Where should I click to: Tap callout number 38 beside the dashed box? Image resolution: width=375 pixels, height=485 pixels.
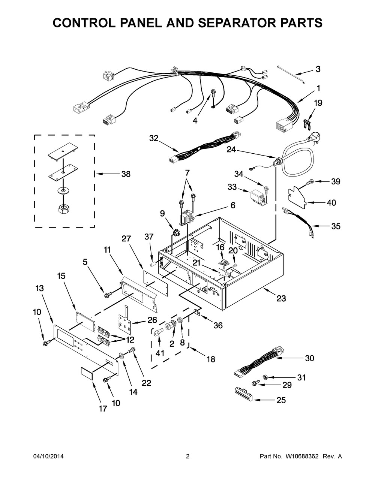[x=126, y=174]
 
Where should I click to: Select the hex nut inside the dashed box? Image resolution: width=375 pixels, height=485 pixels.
[x=64, y=209]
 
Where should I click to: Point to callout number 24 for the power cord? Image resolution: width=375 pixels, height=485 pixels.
[x=231, y=150]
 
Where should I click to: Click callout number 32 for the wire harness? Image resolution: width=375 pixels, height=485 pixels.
[x=154, y=138]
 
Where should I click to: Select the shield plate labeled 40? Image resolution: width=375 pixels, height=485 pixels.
[x=297, y=196]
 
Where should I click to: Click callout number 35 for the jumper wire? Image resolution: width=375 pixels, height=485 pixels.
[x=336, y=226]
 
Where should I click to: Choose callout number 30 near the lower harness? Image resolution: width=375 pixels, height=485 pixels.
[x=310, y=358]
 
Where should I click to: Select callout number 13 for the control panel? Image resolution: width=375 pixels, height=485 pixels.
[x=39, y=289]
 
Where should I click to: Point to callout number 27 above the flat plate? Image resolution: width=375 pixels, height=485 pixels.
[x=126, y=239]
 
